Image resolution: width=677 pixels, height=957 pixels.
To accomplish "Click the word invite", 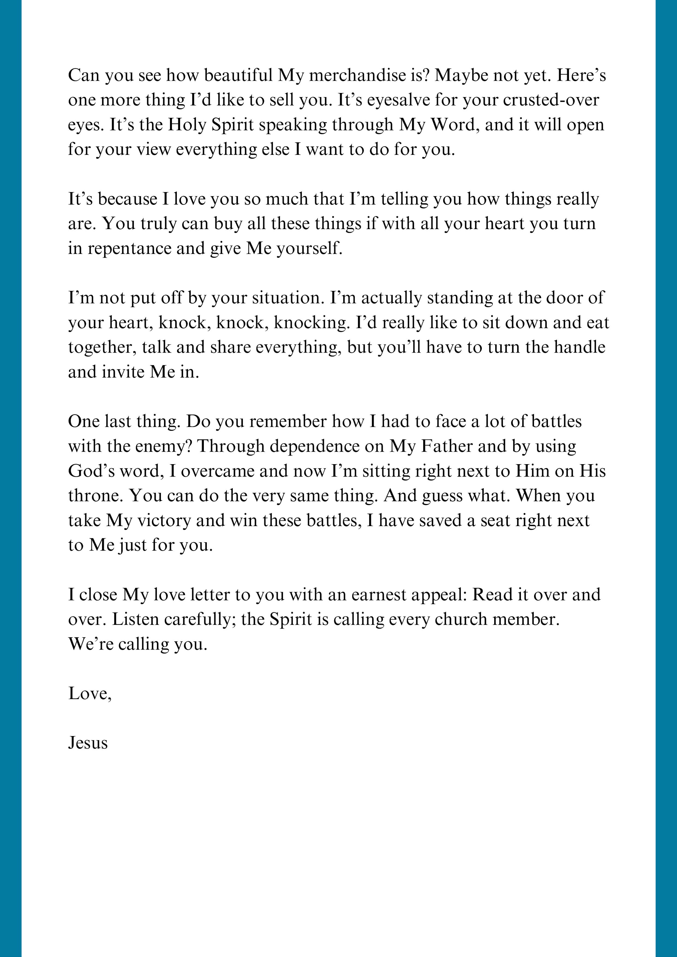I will [123, 372].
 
